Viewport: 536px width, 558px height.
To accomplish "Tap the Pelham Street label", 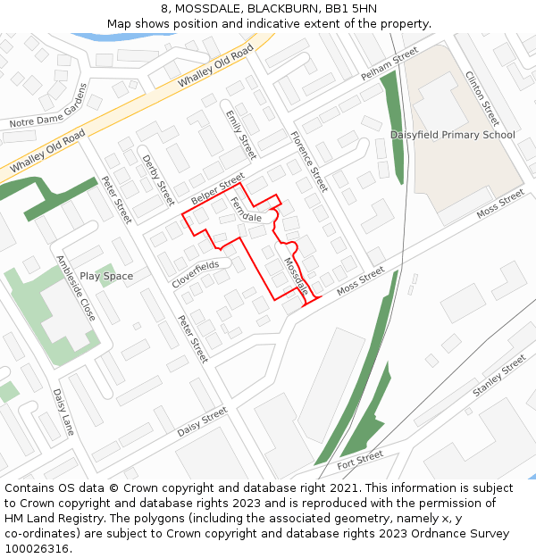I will pyautogui.click(x=389, y=65).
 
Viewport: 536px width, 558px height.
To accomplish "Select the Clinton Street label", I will pyautogui.click(x=482, y=98).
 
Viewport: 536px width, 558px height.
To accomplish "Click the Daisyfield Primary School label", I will pyautogui.click(x=452, y=135).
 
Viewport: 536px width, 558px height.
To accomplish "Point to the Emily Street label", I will pyautogui.click(x=240, y=135).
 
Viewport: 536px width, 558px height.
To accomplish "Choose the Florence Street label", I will pyautogui.click(x=309, y=162).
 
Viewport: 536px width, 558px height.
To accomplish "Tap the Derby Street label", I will pyautogui.click(x=158, y=179).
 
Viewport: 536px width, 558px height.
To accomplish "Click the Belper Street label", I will pyautogui.click(x=217, y=188).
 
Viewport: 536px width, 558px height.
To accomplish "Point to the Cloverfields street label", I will pyautogui.click(x=196, y=274).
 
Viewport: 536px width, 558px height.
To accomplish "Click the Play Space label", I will pyautogui.click(x=106, y=276).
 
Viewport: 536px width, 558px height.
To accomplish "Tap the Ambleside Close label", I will pyautogui.click(x=76, y=288).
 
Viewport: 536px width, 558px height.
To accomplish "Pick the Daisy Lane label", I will pyautogui.click(x=63, y=412).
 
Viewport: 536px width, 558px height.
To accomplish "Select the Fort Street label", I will pyautogui.click(x=360, y=460).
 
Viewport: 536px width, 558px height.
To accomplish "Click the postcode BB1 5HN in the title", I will pyautogui.click(x=351, y=8).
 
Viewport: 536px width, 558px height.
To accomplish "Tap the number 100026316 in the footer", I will pyautogui.click(x=37, y=548).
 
